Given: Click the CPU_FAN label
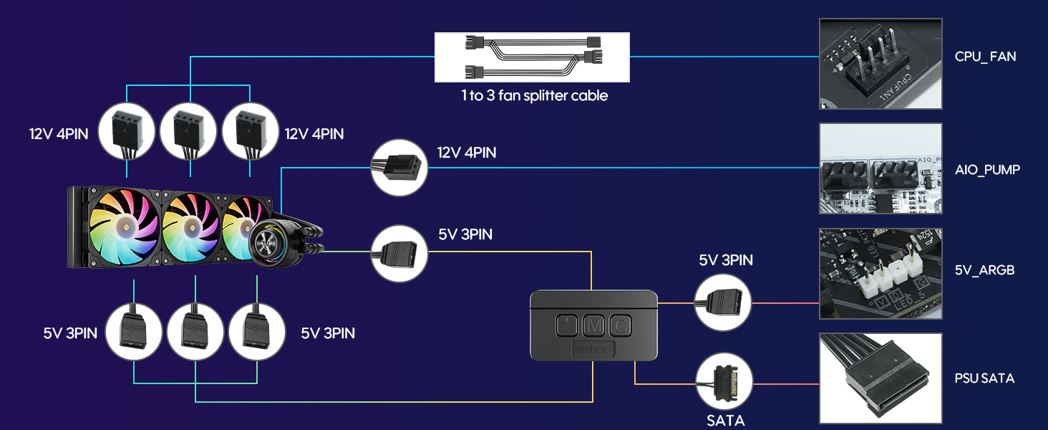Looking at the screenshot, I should [x=985, y=56].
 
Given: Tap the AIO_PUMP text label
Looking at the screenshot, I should [x=987, y=170].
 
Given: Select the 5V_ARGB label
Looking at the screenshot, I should [x=984, y=270].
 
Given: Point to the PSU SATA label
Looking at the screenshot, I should [x=984, y=378].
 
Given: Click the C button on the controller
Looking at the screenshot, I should [x=619, y=326].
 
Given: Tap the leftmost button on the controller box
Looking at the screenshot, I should [x=566, y=326].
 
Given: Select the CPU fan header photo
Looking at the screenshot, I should [x=880, y=64].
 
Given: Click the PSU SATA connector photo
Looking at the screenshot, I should [x=880, y=378].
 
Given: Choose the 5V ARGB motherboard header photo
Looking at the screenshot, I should [x=880, y=274].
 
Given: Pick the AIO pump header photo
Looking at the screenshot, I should [x=880, y=168].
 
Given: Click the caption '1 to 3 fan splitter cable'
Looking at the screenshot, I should [x=534, y=96].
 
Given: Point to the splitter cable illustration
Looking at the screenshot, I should [x=533, y=57].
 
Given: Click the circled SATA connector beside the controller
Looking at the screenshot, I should [x=724, y=383].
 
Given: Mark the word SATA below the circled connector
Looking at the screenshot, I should [x=725, y=421].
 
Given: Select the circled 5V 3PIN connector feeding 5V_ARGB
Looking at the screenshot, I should [x=724, y=302].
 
